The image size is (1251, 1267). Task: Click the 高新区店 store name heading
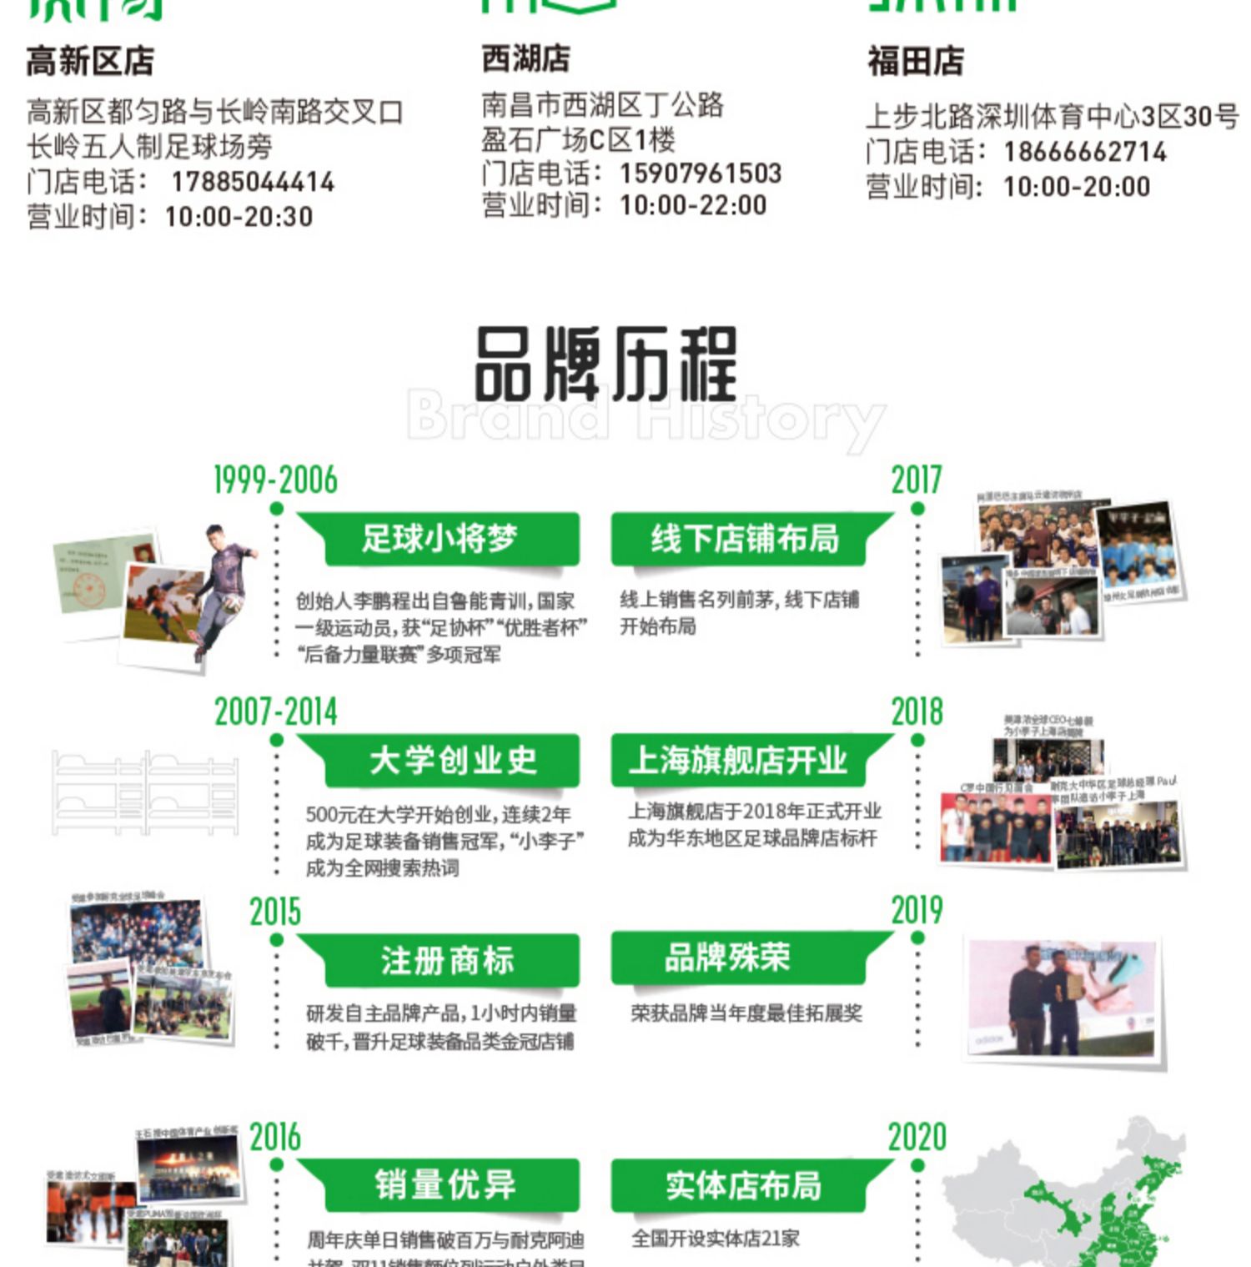click(x=90, y=62)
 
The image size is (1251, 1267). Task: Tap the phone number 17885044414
click(x=252, y=182)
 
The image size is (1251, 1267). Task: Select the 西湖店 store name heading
click(x=526, y=59)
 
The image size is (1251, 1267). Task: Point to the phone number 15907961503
click(x=700, y=173)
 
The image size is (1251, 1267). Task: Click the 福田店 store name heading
click(x=915, y=62)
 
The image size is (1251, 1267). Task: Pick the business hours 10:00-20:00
click(x=1076, y=187)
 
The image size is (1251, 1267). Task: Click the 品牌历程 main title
click(x=605, y=365)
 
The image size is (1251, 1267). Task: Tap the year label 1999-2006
click(x=275, y=480)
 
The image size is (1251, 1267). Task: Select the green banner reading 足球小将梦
click(x=440, y=539)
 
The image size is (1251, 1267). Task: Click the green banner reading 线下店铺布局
click(x=745, y=539)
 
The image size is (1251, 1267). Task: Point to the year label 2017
click(x=916, y=480)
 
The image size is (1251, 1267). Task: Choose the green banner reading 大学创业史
click(x=452, y=761)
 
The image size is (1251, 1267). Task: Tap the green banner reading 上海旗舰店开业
click(x=738, y=760)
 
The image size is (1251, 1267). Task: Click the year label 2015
click(x=275, y=912)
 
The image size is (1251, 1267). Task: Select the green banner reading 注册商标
click(x=447, y=960)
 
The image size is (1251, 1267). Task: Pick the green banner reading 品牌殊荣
click(x=726, y=958)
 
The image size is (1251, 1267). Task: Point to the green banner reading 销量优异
click(x=445, y=1184)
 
